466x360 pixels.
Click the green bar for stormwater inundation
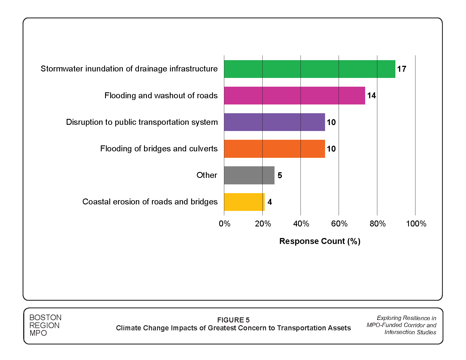coord(310,69)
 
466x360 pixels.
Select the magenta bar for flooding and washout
coord(295,95)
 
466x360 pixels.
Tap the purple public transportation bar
coord(275,122)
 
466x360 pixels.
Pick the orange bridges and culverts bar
coord(275,149)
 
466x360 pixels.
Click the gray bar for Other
coord(249,175)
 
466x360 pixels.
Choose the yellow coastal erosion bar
coord(244,202)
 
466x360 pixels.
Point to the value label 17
coord(401,69)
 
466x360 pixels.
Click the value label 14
coord(371,95)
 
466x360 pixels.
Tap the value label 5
coord(280,175)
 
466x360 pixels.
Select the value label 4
coord(270,202)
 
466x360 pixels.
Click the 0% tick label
coord(225,224)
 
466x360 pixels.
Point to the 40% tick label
coord(301,224)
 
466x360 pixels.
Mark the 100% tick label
coord(416,224)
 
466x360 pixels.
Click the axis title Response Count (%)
coord(320,241)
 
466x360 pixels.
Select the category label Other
coord(207,175)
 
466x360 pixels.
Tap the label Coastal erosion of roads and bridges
coord(150,202)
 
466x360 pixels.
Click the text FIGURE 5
coord(233,320)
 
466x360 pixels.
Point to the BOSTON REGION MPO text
coord(45,325)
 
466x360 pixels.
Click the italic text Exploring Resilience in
coord(406,318)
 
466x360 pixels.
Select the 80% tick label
coord(378,224)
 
